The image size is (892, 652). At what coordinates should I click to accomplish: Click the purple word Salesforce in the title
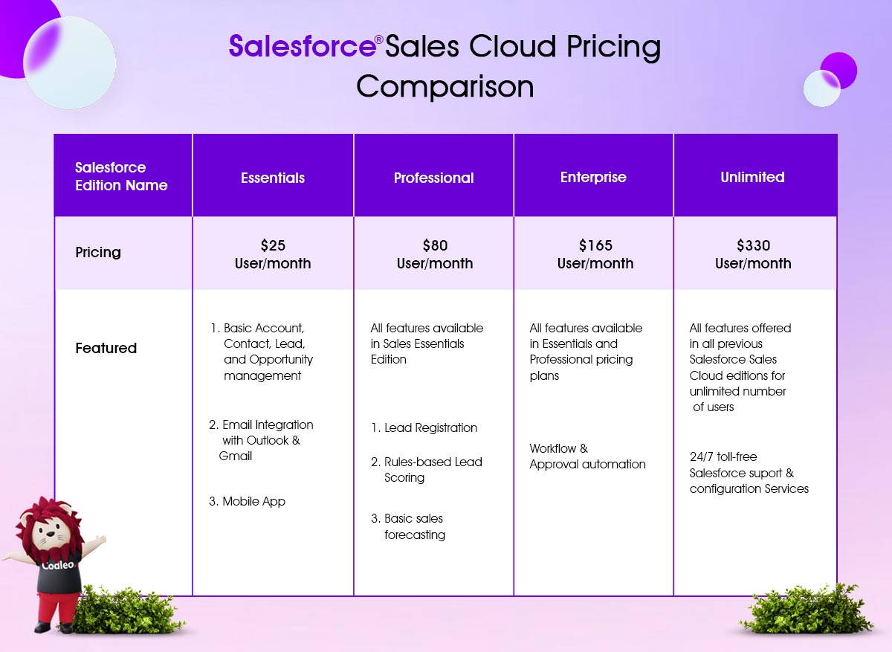coord(302,46)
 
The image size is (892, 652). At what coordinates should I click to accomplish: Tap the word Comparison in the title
coord(445,87)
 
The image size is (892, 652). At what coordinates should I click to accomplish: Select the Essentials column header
coord(273,178)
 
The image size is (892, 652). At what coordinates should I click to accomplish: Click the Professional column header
coord(433,178)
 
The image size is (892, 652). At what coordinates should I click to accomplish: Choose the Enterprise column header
coord(593,177)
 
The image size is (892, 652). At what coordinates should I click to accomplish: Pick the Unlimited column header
coord(752,177)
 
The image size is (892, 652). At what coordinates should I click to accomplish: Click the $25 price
coord(273,245)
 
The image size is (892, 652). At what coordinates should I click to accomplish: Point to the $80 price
coord(435,245)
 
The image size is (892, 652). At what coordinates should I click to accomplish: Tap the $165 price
coord(595,245)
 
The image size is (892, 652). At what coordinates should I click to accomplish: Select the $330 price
coord(753,245)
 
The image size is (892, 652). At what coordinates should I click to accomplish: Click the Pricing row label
coord(98,253)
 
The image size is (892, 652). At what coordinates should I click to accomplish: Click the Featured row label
coord(106,348)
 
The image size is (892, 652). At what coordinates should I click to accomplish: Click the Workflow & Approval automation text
coord(587,456)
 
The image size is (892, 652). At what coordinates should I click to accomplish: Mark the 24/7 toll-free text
coord(723,456)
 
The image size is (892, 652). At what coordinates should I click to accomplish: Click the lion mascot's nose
coord(51,533)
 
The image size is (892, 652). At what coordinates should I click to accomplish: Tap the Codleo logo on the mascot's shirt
coord(58,565)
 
